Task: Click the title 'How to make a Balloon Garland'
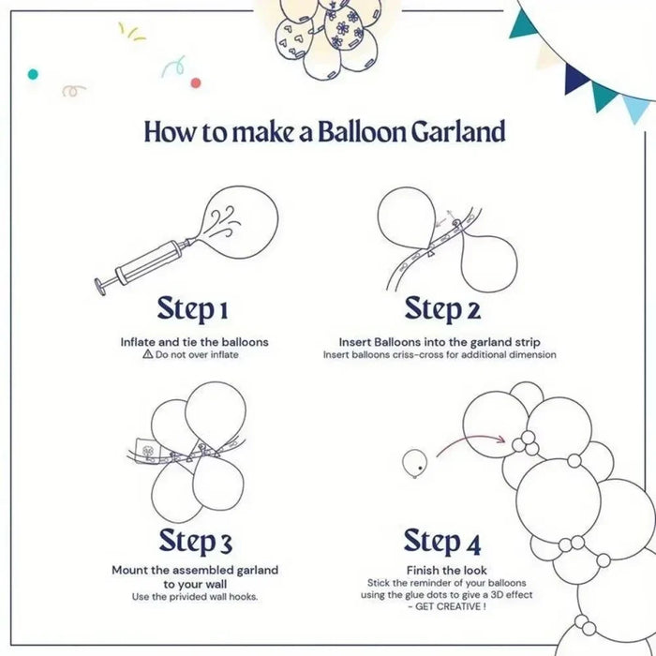point(324,131)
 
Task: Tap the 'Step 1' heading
point(192,308)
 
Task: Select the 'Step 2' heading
point(442,308)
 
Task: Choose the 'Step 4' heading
point(442,541)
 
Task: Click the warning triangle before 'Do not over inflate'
point(147,355)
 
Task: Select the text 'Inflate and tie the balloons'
point(194,342)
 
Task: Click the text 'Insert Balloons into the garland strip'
point(440,342)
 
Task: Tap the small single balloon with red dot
point(414,461)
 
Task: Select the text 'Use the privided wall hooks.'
point(195,597)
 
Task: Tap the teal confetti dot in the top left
point(33,73)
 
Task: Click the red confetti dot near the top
point(195,82)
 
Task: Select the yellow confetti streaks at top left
point(131,32)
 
